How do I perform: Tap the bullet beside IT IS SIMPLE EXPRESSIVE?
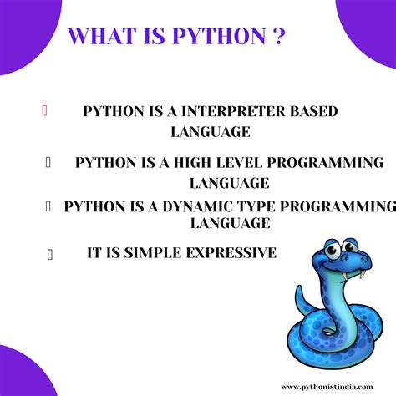[50, 254]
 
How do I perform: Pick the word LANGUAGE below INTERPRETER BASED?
[211, 132]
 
